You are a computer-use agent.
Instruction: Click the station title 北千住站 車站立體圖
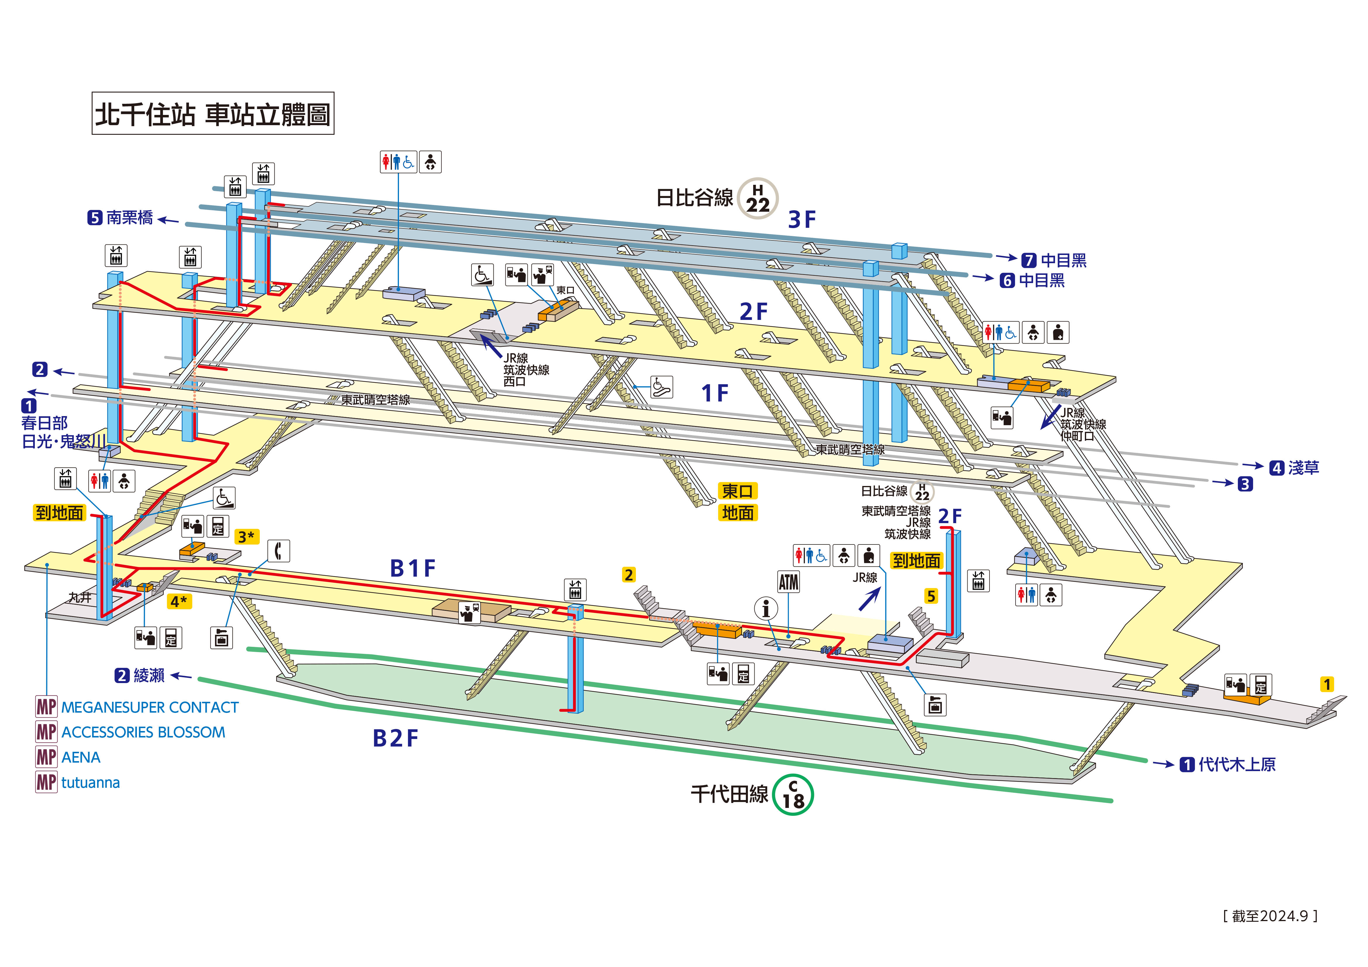213,113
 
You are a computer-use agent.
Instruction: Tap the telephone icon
278,551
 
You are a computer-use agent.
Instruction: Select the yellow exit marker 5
931,596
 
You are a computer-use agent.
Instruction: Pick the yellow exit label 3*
246,537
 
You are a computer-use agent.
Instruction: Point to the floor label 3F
801,219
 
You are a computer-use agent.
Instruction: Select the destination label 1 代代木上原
1227,764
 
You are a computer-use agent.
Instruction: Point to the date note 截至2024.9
1270,916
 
